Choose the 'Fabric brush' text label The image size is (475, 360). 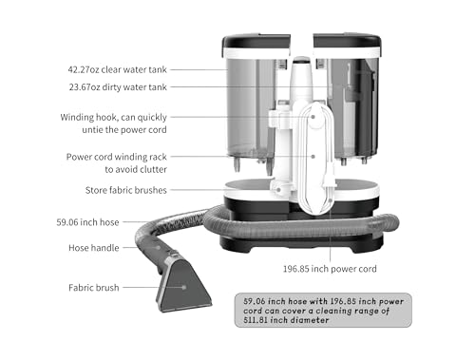point(93,286)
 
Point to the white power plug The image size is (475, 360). point(329,173)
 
